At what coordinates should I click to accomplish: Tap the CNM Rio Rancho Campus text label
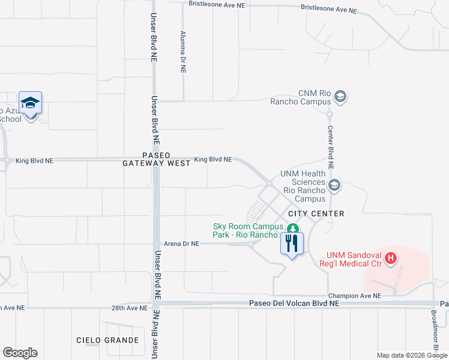pyautogui.click(x=315, y=97)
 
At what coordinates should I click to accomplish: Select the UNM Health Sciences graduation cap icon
pyautogui.click(x=334, y=186)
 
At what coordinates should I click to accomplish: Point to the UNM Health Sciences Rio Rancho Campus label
pyautogui.click(x=303, y=186)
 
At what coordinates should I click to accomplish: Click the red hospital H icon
pyautogui.click(x=391, y=259)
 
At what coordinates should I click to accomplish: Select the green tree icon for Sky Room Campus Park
pyautogui.click(x=292, y=229)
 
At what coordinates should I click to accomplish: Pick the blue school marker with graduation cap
pyautogui.click(x=30, y=104)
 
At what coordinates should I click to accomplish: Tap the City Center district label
pyautogui.click(x=316, y=214)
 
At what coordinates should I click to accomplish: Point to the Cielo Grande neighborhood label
pyautogui.click(x=107, y=340)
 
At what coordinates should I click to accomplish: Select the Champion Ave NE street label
pyautogui.click(x=354, y=296)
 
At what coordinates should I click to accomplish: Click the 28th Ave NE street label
pyautogui.click(x=129, y=308)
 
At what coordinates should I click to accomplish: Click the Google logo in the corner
pyautogui.click(x=20, y=353)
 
